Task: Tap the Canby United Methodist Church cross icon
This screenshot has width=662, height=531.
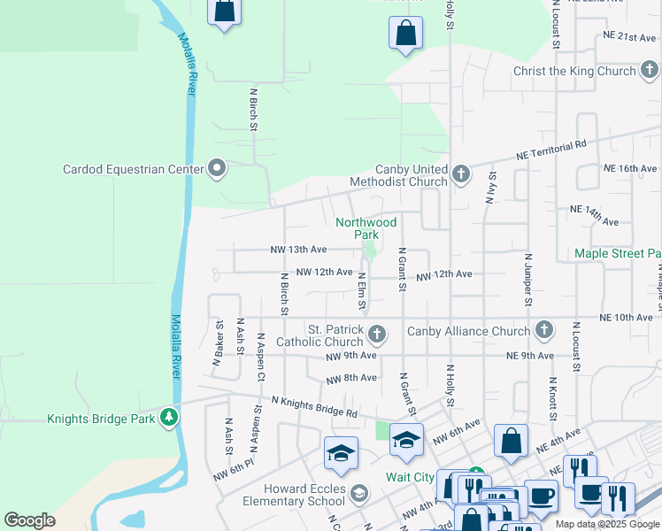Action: pyautogui.click(x=460, y=175)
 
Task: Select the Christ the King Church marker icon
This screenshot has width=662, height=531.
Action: pyautogui.click(x=649, y=71)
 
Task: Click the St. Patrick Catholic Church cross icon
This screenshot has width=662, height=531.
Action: pyautogui.click(x=377, y=334)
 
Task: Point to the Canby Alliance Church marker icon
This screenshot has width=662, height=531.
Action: pyautogui.click(x=543, y=331)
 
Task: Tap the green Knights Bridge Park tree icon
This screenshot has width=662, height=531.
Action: pyautogui.click(x=168, y=418)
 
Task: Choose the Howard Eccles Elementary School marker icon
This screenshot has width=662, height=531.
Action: pyautogui.click(x=358, y=493)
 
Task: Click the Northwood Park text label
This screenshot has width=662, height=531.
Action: pyautogui.click(x=366, y=228)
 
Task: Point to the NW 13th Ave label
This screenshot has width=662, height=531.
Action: pyautogui.click(x=298, y=250)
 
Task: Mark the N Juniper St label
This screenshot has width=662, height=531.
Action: pyautogui.click(x=527, y=279)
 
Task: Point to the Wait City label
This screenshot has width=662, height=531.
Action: pyautogui.click(x=410, y=477)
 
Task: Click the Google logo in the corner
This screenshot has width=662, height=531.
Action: pyautogui.click(x=29, y=520)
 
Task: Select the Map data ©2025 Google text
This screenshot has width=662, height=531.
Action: pyautogui.click(x=607, y=524)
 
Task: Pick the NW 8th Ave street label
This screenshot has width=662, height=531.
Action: pyautogui.click(x=351, y=378)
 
